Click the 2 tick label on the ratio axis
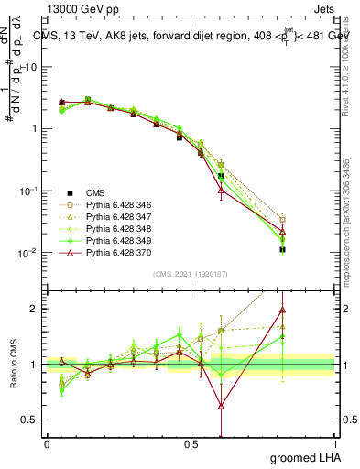click(34, 309)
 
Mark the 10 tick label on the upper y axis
click(31, 67)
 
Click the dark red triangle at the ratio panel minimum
click(221, 405)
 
